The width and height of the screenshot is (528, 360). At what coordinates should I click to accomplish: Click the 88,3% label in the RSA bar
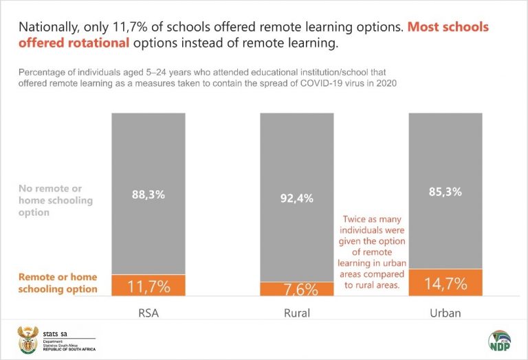pos(148,194)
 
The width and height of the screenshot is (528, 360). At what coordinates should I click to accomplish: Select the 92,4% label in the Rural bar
pos(297,199)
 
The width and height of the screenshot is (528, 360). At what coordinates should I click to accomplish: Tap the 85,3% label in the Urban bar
pos(445,192)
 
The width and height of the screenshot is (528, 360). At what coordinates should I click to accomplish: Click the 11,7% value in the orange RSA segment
pos(148,286)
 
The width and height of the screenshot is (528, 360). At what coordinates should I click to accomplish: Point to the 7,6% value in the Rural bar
pos(297,289)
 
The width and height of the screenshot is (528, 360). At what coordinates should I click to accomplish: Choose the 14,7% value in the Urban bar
pos(445,283)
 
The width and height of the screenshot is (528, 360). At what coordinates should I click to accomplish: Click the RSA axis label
pos(148,313)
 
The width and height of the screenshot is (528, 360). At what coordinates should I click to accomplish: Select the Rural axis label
pos(297,313)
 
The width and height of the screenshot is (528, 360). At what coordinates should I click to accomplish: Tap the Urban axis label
pos(445,313)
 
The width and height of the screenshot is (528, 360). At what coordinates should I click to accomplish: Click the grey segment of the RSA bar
pos(148,151)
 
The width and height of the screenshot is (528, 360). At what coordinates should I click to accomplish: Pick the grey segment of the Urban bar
pos(445,151)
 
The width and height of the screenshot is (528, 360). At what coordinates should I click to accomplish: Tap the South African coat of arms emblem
pos(27,340)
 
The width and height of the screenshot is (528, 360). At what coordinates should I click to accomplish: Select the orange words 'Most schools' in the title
pos(448,27)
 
